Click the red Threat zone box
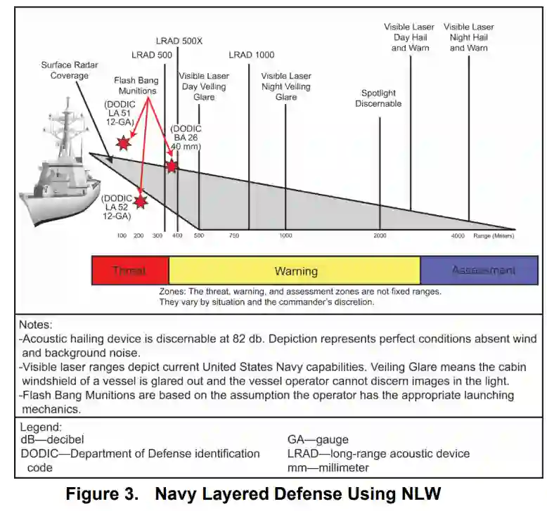point(130,271)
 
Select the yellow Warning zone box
point(295,271)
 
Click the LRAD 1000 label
point(251,55)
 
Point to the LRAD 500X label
point(179,41)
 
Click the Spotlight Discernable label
point(378,98)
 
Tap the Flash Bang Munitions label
point(136,85)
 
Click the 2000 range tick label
point(380,235)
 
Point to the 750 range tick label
point(234,235)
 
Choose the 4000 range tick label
point(458,235)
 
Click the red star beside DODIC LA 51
point(124,143)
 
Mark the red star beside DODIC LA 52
point(141,202)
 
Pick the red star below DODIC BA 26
point(172,166)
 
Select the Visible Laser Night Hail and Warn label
point(468,37)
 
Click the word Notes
point(35,325)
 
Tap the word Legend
point(41,427)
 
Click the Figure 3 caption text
point(253,494)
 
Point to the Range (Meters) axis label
point(495,235)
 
